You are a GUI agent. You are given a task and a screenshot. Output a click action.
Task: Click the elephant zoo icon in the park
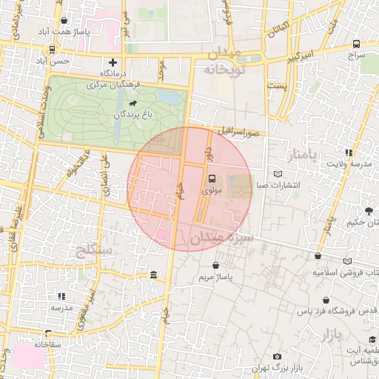click(x=134, y=103)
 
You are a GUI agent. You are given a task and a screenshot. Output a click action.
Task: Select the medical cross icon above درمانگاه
click(x=113, y=63)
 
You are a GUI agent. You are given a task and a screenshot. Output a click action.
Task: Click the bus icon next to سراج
click(x=357, y=44)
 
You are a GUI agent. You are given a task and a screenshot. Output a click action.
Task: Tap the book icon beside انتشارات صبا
click(x=278, y=174)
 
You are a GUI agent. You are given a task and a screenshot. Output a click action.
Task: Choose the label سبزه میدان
click(x=221, y=238)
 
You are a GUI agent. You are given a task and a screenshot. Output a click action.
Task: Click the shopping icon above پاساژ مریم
click(x=216, y=265)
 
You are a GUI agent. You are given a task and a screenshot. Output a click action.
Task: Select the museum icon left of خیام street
click(x=153, y=275)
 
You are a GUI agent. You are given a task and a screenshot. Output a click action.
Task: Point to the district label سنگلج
click(x=93, y=250)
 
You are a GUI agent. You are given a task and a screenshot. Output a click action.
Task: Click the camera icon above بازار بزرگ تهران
click(x=278, y=357)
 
